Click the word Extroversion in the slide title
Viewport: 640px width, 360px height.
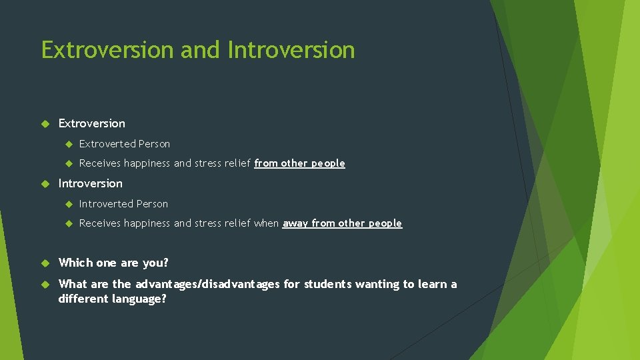pos(97,50)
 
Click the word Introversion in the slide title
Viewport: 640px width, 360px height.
pos(291,50)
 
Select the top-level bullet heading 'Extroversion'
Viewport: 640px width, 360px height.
pos(91,123)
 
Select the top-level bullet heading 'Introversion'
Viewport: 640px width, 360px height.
pos(91,183)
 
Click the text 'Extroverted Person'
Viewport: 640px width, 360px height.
pos(125,144)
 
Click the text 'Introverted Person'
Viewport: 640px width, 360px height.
pos(123,204)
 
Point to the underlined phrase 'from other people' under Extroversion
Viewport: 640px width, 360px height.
pos(299,163)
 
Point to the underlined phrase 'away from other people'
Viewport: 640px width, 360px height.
pos(342,223)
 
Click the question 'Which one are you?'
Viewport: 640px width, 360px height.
pos(113,263)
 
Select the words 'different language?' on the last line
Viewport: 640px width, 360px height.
pos(112,299)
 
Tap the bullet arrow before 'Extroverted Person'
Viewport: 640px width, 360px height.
pos(67,144)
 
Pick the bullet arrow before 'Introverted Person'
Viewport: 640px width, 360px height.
pos(67,204)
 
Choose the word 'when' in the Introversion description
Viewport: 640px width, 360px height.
pos(267,223)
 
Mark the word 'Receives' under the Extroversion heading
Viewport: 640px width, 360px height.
pos(100,163)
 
